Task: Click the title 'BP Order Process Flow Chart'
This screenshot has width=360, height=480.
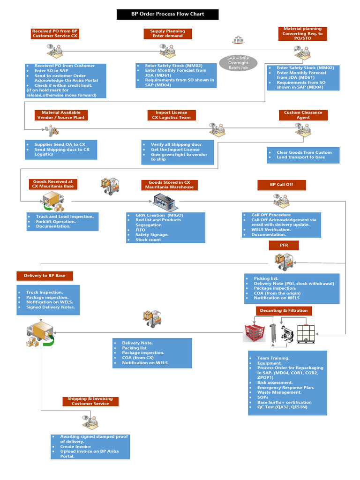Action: coord(167,14)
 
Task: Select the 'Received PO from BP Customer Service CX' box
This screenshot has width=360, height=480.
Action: coord(55,33)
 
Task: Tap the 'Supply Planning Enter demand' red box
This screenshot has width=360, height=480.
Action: coord(167,33)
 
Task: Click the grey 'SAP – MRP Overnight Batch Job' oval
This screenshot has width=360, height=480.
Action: coord(238,63)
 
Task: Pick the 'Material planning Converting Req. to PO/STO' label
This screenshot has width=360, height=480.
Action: coord(302,33)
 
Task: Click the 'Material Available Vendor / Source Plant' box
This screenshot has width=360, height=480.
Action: coord(61,115)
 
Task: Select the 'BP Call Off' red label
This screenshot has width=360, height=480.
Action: coord(281,185)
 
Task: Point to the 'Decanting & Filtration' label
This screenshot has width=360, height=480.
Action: coord(284,310)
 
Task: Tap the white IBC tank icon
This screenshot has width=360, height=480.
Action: coord(309,333)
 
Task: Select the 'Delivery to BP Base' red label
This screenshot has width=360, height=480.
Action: coord(45,276)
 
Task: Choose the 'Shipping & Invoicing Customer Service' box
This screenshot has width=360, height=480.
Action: coord(90,401)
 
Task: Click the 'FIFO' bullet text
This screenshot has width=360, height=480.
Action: coord(140,230)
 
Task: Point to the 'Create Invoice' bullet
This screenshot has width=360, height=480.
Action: coord(75,447)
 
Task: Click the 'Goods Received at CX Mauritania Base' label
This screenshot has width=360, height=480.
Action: coord(52,184)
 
